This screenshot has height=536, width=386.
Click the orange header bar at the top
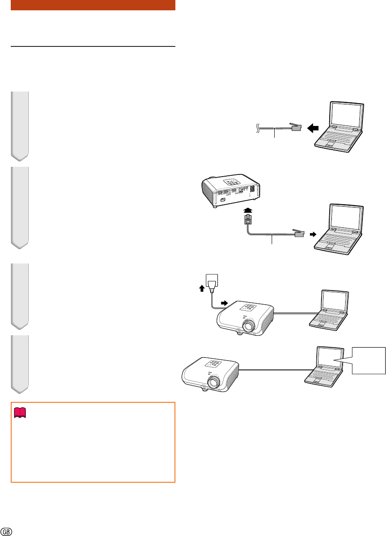93,5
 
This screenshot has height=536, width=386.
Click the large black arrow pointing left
313,128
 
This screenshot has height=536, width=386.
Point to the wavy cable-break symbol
258,128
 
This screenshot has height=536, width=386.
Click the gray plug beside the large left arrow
296,127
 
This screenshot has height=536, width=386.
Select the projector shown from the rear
231,190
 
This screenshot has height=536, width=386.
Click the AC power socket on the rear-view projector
223,199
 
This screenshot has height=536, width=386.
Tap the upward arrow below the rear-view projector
248,210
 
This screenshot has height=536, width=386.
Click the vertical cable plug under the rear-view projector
248,219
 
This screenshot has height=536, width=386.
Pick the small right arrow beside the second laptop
313,234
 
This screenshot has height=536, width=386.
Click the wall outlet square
212,280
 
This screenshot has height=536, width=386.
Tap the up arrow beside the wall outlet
202,288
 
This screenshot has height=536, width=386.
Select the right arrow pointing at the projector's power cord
224,303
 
